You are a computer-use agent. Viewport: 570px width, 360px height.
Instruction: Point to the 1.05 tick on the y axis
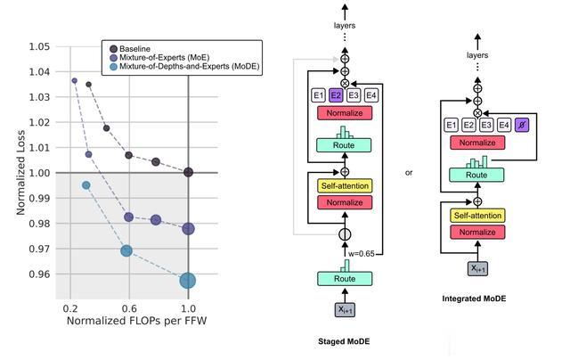(37, 46)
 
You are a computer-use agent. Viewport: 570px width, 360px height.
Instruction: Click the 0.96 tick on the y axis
(37, 274)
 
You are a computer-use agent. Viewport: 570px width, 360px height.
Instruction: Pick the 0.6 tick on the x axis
(128, 308)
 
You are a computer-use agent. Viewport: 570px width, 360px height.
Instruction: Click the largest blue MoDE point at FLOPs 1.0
(188, 281)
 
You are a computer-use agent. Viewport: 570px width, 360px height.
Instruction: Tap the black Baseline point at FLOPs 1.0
(188, 172)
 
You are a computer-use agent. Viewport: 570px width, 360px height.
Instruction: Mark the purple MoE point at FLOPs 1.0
(188, 229)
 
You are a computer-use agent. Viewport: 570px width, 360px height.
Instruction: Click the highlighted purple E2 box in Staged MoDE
(336, 94)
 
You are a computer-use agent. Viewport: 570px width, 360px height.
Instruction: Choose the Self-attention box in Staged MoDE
(344, 185)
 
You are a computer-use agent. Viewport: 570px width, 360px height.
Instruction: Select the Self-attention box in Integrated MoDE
(477, 216)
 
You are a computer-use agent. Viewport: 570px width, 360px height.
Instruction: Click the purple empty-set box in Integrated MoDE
(522, 126)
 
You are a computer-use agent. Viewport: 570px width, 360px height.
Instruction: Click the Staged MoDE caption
(345, 340)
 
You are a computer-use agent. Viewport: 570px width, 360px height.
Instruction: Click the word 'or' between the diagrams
(409, 173)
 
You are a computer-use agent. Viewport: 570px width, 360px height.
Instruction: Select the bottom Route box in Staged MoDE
(344, 279)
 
